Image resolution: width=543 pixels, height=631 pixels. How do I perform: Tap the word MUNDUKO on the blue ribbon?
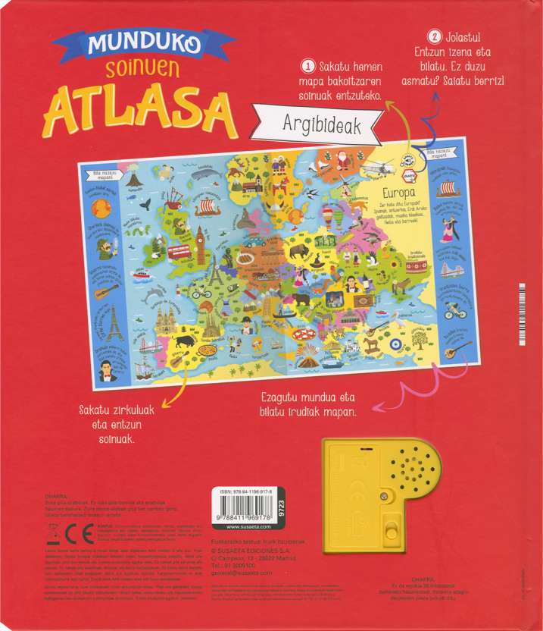point(143,44)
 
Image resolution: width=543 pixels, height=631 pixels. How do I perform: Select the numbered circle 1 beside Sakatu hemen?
point(308,66)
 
